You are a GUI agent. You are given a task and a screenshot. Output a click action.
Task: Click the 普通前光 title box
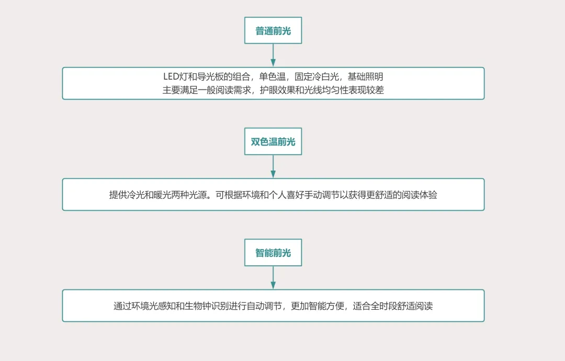(273, 31)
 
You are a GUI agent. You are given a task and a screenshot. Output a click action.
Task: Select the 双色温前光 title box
(273, 142)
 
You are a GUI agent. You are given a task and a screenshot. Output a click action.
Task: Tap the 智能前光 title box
(273, 253)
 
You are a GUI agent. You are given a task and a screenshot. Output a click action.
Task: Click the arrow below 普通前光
(273, 55)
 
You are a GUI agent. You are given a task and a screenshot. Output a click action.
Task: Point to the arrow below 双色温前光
(273, 166)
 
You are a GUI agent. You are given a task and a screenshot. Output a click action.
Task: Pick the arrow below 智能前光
(273, 277)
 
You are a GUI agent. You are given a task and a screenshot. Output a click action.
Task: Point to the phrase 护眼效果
(277, 90)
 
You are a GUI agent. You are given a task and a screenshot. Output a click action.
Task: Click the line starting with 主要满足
(273, 90)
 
